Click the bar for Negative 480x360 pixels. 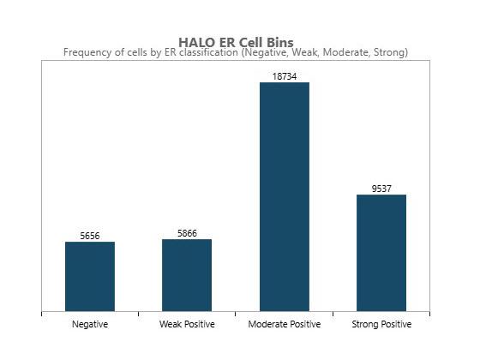[90, 277]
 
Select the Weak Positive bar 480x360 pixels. [187, 275]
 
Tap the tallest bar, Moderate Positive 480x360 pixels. [284, 197]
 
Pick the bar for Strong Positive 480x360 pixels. [381, 253]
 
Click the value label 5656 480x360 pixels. [90, 236]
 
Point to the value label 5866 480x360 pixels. [187, 233]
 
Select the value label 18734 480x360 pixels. [284, 76]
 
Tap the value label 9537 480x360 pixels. [381, 189]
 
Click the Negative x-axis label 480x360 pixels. [90, 325]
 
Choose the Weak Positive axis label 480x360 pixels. [187, 325]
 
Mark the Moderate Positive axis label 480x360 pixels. [284, 325]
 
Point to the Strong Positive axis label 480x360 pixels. [381, 325]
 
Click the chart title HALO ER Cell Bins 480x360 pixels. [236, 42]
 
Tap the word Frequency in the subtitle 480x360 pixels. [87, 52]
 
